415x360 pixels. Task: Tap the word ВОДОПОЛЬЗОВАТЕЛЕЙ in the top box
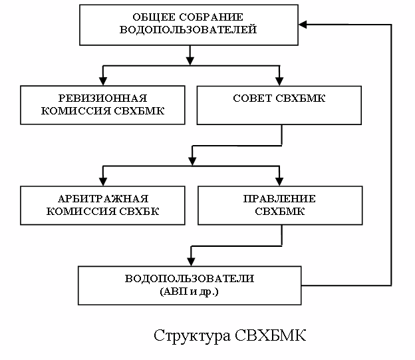(188, 30)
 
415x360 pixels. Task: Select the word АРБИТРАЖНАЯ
(102, 199)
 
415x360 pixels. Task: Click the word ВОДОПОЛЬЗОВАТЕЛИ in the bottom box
(190, 277)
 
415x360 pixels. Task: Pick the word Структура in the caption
(192, 333)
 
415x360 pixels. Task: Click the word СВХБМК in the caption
(271, 333)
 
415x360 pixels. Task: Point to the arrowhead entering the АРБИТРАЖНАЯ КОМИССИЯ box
(102, 181)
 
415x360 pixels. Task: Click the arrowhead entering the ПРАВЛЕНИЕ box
(280, 181)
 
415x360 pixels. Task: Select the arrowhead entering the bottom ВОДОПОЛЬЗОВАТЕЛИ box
(191, 260)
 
